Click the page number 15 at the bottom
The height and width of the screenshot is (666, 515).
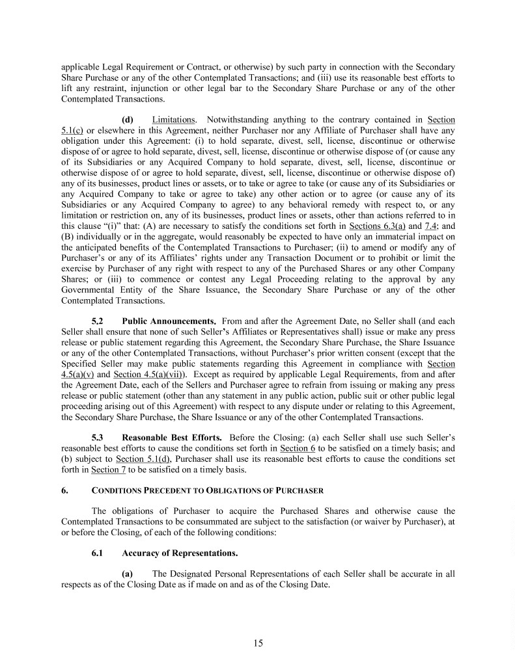pos(258,644)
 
